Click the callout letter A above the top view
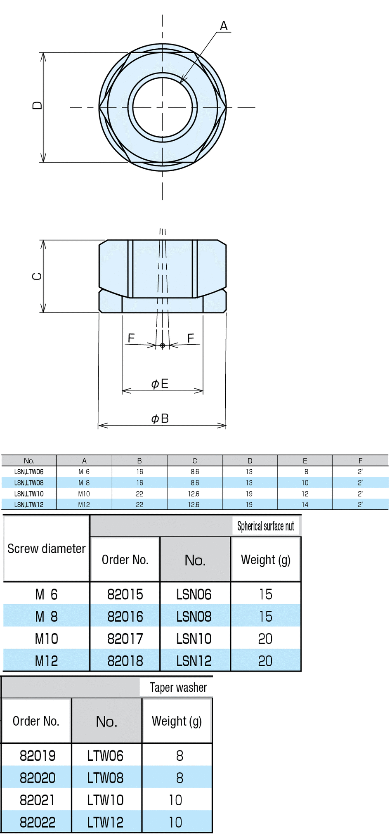pos(224,26)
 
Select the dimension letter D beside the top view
pos(37,106)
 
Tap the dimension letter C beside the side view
pos(37,277)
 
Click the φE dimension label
pos(160,384)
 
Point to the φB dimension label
pos(160,419)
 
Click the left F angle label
pos(131,338)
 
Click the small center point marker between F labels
pos(163,345)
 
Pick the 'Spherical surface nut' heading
pos(265,526)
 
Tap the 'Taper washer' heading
pos(178,687)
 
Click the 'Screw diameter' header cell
pos(46,549)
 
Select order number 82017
pos(125,639)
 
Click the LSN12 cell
pos(194,661)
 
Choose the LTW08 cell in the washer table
pos(105,778)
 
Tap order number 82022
pos(38,822)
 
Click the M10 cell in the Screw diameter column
pos(46,639)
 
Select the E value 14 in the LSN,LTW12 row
pos(305,504)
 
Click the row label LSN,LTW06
pos(29,472)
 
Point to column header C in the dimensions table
pos(195,461)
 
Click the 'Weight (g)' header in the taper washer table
pos(177,721)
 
